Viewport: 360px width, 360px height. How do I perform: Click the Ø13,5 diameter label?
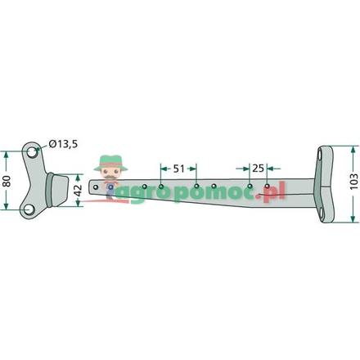(63, 143)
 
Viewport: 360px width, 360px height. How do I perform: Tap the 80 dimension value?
(7, 181)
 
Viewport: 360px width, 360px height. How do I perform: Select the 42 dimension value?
(78, 191)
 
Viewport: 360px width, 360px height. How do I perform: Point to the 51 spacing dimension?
(178, 169)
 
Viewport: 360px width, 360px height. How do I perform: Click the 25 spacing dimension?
(258, 169)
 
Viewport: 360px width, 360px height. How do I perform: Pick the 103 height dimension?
(353, 181)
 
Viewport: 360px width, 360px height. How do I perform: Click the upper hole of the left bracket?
(33, 152)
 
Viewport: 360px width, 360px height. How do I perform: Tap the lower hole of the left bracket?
(29, 210)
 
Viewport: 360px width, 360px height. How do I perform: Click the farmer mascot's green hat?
(110, 163)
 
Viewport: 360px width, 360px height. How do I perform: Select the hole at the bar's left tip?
(96, 187)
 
